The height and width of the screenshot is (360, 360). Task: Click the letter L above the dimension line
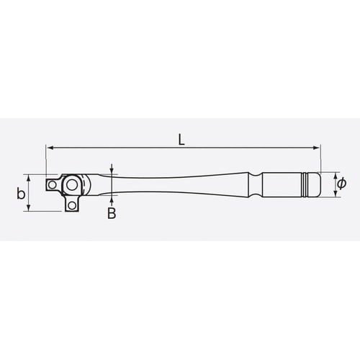point(182,140)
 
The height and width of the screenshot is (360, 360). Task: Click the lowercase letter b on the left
point(21,193)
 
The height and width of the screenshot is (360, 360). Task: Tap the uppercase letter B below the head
point(112,213)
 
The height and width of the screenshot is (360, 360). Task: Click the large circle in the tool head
point(71,186)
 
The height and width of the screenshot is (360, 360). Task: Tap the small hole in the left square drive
point(51,186)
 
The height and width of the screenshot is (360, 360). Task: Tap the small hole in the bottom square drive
point(71,206)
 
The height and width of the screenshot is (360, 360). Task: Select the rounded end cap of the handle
point(318,185)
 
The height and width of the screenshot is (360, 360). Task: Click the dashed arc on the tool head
point(88,186)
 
